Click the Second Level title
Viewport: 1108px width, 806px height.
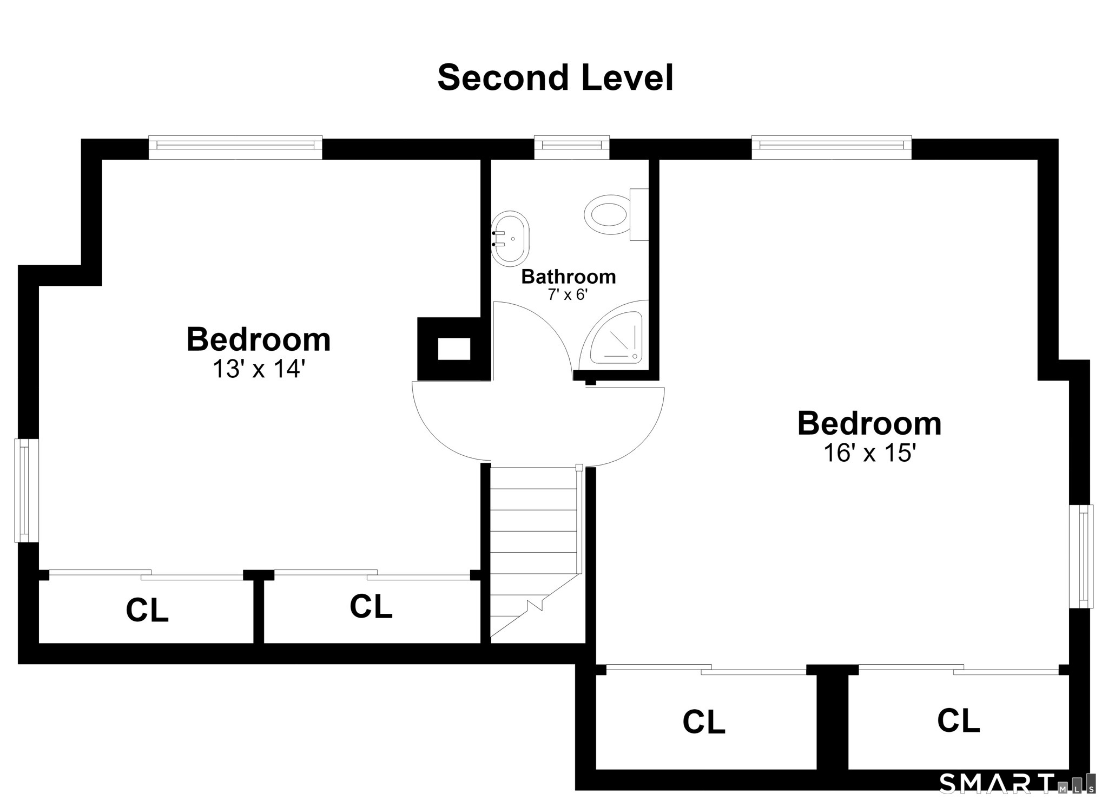(555, 77)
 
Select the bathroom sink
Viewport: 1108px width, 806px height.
(510, 239)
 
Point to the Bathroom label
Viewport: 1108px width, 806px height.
(569, 277)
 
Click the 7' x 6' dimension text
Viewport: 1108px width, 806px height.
(568, 295)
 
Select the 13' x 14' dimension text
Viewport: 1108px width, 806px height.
(259, 369)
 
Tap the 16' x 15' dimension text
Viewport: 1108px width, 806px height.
(869, 453)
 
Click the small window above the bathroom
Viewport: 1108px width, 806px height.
(572, 147)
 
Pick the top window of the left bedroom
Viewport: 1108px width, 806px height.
(235, 147)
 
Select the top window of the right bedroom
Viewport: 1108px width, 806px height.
(832, 147)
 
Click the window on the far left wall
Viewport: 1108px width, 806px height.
(27, 490)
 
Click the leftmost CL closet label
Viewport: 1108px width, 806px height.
(147, 610)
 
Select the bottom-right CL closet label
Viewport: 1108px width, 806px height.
(958, 720)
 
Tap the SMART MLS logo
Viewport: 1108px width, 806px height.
(1017, 783)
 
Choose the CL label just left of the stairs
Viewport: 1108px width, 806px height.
(371, 606)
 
